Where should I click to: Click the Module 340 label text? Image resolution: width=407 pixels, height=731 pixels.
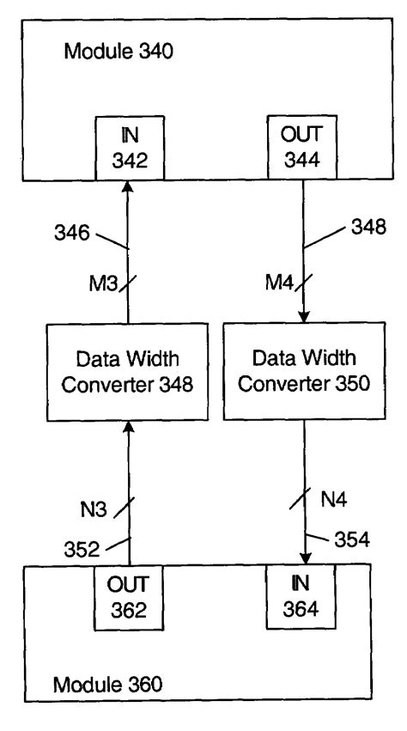(119, 52)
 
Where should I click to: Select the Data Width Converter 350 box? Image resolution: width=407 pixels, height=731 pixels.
(305, 372)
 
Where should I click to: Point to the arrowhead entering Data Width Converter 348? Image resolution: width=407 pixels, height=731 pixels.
(128, 427)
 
